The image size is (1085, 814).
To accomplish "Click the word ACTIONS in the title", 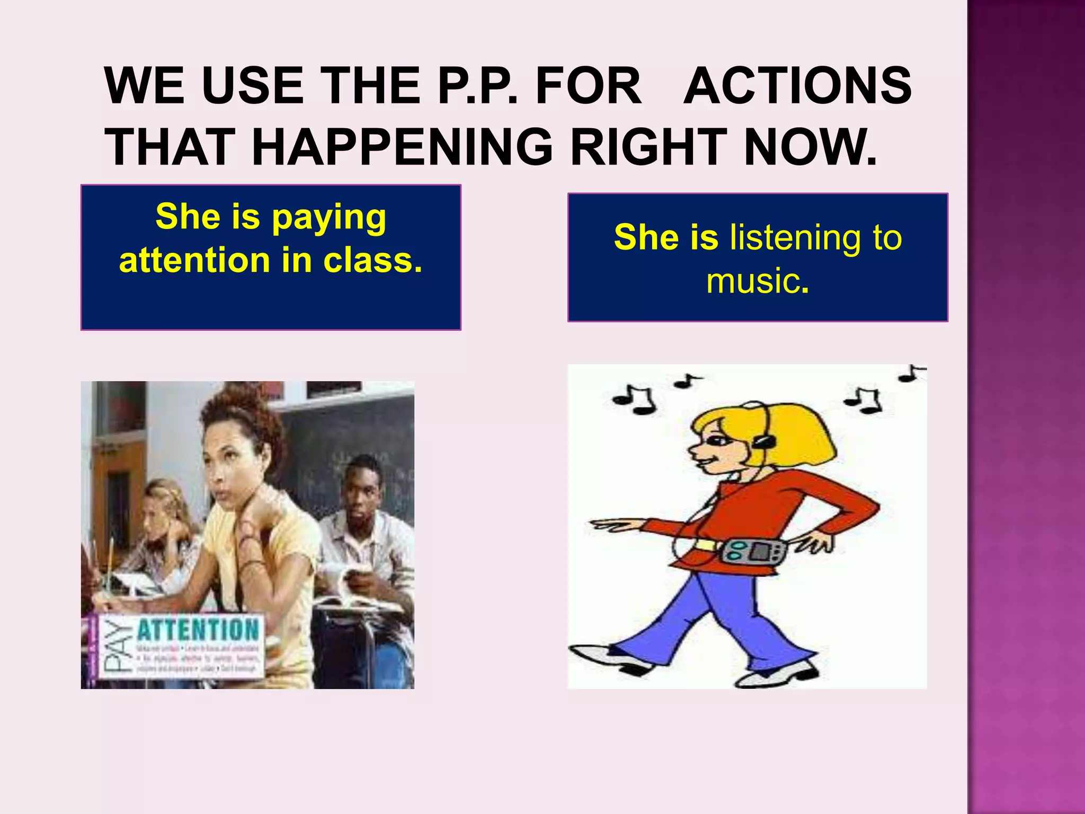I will coord(797,86).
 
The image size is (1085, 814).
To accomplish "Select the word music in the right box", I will coord(752,281).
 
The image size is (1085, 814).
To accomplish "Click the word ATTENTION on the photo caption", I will coord(198,631).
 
